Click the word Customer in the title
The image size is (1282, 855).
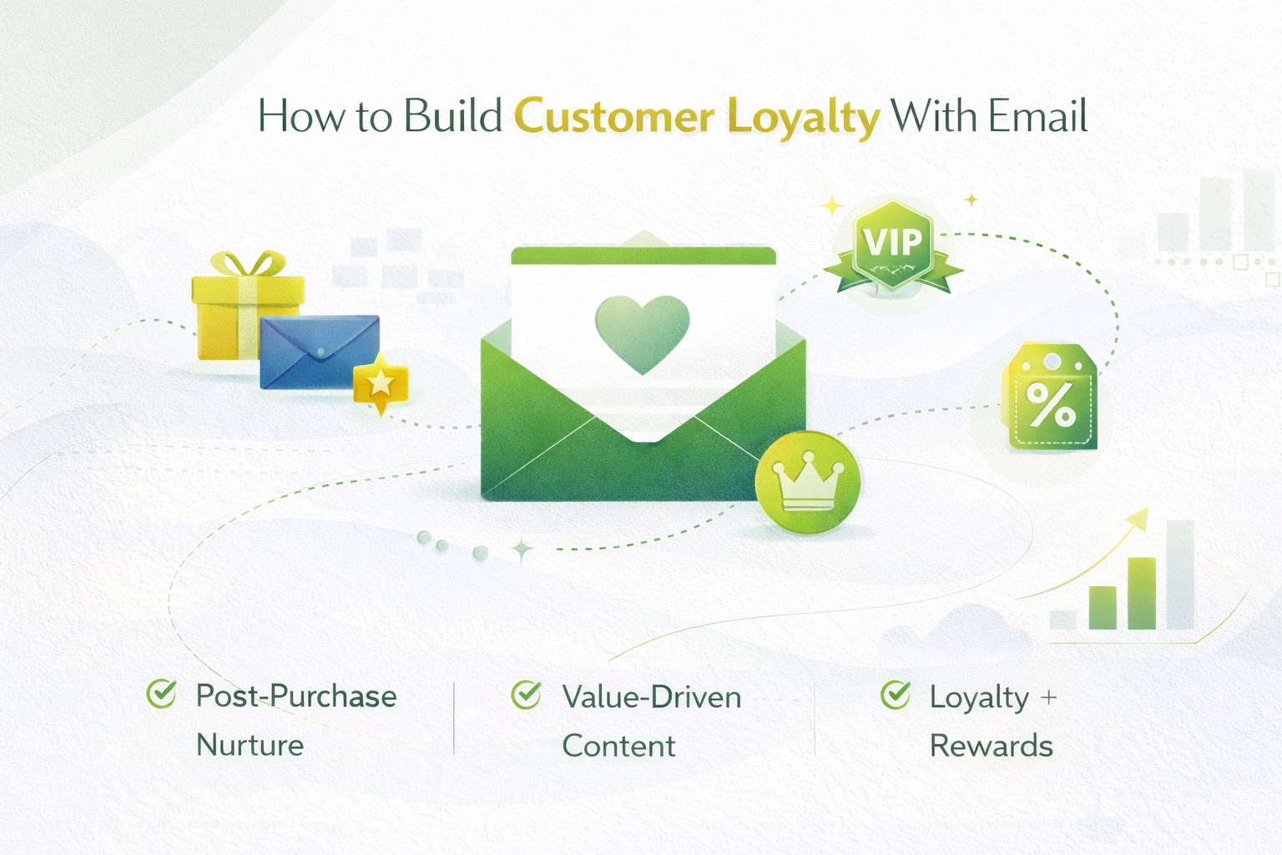point(613,117)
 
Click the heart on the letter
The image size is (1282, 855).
point(642,333)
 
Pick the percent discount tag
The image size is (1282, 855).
point(1051,400)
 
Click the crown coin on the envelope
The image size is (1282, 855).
point(807,483)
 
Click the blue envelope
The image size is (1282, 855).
point(319,351)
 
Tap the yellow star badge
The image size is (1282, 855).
point(381,383)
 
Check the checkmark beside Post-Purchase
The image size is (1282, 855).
point(161,693)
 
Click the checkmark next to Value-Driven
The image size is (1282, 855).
point(526,694)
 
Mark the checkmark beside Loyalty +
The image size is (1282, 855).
point(896,694)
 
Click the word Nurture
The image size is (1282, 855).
point(250,745)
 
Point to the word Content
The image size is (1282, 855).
point(618,746)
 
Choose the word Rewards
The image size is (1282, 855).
point(991,746)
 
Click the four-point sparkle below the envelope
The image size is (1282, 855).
point(522,549)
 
